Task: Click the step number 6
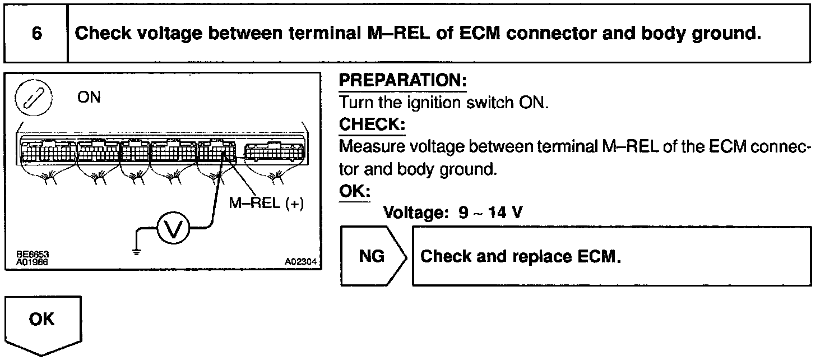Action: coord(36,34)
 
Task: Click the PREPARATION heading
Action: coord(402,81)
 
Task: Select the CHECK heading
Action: coord(372,124)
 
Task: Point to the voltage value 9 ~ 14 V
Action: coord(491,213)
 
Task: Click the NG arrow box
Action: coord(372,256)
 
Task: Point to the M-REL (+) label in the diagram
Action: coord(266,203)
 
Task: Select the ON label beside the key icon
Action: coord(89,98)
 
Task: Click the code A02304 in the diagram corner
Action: coord(300,261)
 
